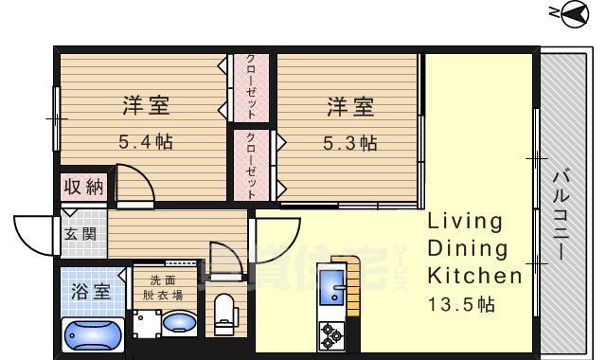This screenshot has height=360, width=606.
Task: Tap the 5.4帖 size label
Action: pos(145,143)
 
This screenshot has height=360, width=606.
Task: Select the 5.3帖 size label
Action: pos(349,143)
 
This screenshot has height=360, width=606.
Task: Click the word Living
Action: pos(465,222)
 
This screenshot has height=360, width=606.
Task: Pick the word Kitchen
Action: pos(474,277)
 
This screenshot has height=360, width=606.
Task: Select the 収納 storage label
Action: pos(83,187)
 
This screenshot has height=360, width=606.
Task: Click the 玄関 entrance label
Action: pos(80,232)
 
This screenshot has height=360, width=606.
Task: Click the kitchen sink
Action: pos(333,288)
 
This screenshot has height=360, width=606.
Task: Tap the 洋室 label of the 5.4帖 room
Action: pos(145,106)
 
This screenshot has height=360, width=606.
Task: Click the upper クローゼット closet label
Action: pos(251,86)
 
